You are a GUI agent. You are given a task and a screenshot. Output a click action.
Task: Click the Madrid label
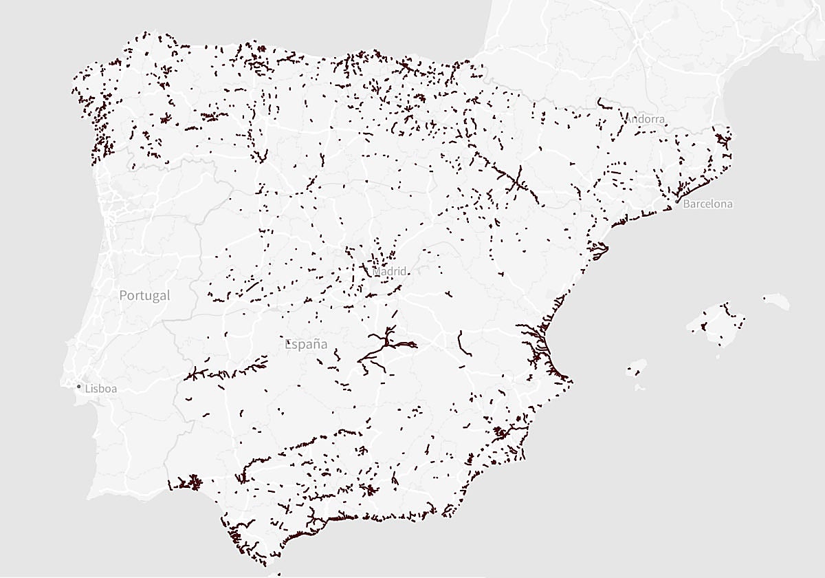(x=390, y=271)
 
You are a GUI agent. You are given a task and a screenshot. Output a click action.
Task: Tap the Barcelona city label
(x=707, y=204)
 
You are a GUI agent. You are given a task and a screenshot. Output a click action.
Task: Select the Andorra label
(x=645, y=119)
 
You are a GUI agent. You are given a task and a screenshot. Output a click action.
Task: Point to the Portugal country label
(x=144, y=295)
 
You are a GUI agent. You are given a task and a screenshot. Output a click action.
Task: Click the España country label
(x=306, y=344)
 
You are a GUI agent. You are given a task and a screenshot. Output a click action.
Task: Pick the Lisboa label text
(x=100, y=389)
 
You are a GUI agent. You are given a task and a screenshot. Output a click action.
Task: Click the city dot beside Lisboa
(x=78, y=387)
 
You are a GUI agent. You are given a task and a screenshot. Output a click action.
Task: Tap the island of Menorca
(x=775, y=301)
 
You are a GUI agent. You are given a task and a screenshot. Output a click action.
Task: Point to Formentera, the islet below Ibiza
(x=640, y=387)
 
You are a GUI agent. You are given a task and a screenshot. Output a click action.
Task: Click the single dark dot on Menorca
(x=764, y=298)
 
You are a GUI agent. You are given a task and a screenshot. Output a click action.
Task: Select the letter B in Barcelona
(x=686, y=204)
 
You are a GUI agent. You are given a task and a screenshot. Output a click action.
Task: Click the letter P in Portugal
(x=123, y=295)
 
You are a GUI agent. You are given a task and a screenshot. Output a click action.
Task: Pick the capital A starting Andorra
(x=628, y=119)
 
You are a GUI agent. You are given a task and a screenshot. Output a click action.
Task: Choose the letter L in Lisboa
(x=87, y=389)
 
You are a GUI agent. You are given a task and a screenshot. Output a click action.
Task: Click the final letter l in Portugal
(x=168, y=295)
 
